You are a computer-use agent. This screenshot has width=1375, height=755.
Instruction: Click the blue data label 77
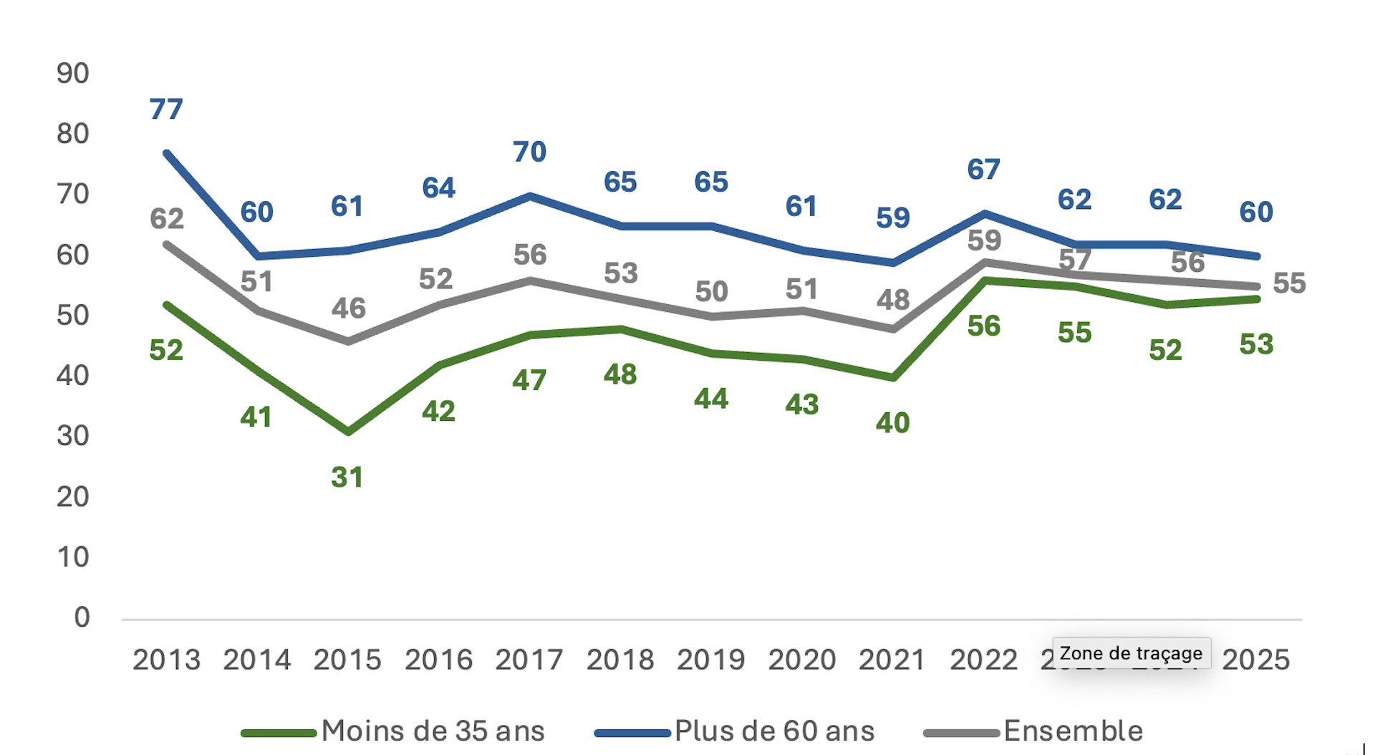tap(166, 109)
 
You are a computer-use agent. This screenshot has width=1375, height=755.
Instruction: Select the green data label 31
tap(347, 477)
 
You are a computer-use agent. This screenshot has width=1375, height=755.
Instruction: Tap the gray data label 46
tap(348, 308)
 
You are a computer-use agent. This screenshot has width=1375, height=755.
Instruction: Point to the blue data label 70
tap(529, 152)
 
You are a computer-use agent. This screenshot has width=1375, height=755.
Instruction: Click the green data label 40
tap(892, 423)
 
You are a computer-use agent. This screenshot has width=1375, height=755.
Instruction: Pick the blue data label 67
tap(983, 170)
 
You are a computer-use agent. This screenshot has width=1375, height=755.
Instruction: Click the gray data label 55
tap(1289, 283)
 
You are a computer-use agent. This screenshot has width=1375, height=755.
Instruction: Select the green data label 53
tap(1256, 344)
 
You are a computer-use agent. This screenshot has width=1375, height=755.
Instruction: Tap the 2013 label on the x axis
tap(166, 660)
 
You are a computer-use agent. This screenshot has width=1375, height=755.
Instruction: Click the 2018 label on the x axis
tap(620, 660)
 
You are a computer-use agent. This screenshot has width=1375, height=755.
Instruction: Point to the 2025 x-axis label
tap(1255, 660)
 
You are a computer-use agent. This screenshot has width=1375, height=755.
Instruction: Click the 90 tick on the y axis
tap(72, 74)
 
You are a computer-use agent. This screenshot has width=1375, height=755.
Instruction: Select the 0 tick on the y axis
tap(82, 618)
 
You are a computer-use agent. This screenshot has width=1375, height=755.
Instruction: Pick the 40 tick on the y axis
tap(72, 376)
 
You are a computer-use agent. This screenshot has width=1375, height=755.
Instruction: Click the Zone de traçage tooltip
tap(1131, 653)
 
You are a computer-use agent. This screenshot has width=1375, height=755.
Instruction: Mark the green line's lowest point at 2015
tap(348, 432)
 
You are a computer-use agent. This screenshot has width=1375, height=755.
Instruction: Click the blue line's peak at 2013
tap(166, 153)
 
